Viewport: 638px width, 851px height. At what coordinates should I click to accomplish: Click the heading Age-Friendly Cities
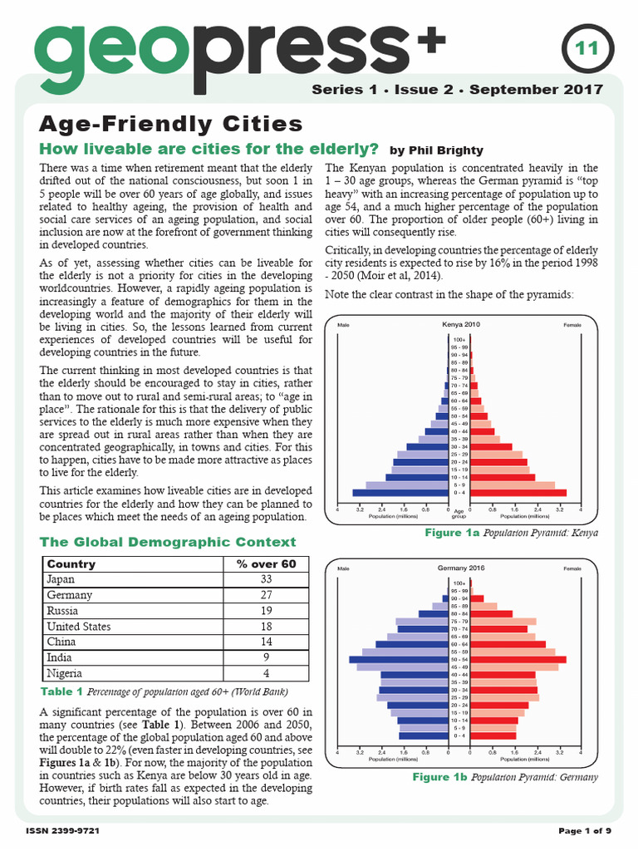tap(171, 124)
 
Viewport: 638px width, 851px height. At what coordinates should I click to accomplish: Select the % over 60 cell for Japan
tap(267, 579)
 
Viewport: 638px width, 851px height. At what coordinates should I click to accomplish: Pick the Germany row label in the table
tap(70, 595)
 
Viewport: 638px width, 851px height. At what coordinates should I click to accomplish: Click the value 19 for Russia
tap(267, 611)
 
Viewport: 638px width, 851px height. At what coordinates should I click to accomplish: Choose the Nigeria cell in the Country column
tap(66, 673)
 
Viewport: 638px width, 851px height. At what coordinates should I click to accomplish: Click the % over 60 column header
tap(267, 563)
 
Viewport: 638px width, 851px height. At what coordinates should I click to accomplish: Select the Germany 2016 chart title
tap(461, 568)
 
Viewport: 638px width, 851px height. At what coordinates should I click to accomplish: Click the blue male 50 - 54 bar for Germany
tap(398, 659)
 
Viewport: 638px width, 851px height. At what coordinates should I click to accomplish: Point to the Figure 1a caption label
tap(452, 533)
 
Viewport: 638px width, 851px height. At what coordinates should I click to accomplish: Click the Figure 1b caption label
tap(440, 777)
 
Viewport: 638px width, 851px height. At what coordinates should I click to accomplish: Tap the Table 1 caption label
tap(61, 691)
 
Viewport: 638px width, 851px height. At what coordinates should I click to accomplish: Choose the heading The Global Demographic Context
tap(168, 542)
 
